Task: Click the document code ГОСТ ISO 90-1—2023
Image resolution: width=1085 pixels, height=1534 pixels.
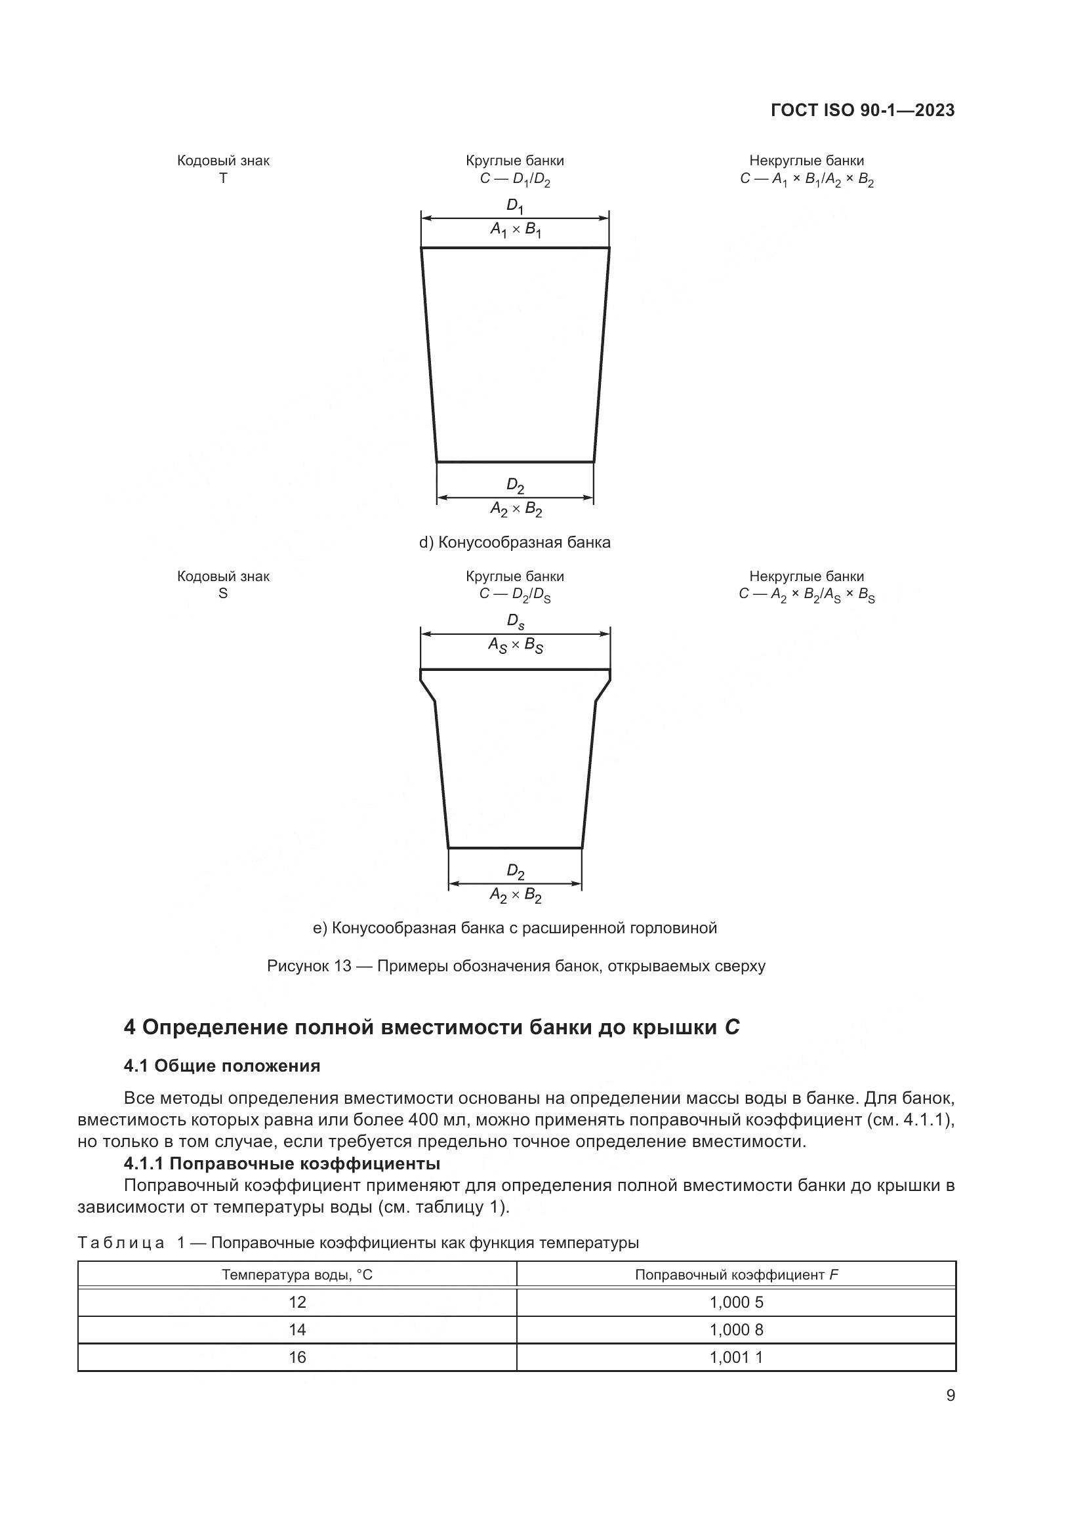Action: (863, 110)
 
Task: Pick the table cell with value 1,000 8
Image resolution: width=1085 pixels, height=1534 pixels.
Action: (735, 1329)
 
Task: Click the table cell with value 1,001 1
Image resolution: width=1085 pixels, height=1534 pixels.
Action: (735, 1357)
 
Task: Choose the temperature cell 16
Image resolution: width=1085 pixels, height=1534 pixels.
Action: (297, 1357)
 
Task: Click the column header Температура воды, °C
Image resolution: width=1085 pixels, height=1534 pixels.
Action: (297, 1275)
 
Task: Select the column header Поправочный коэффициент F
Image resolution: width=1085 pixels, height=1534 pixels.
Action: (735, 1275)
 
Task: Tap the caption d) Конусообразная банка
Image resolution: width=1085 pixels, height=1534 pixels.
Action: (514, 542)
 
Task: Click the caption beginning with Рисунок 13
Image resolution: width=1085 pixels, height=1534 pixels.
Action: (516, 965)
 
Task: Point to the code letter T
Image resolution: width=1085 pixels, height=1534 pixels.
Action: (223, 178)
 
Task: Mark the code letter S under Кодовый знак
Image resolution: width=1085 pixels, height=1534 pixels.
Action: (223, 594)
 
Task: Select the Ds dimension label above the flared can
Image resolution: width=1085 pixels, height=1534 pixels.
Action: (515, 621)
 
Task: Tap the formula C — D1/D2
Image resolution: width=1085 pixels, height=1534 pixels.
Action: (514, 179)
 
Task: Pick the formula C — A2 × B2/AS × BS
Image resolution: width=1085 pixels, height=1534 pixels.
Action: (806, 595)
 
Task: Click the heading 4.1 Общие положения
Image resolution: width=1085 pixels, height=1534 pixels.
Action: (222, 1066)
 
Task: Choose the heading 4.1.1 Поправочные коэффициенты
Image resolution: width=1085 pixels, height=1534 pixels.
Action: (281, 1163)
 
